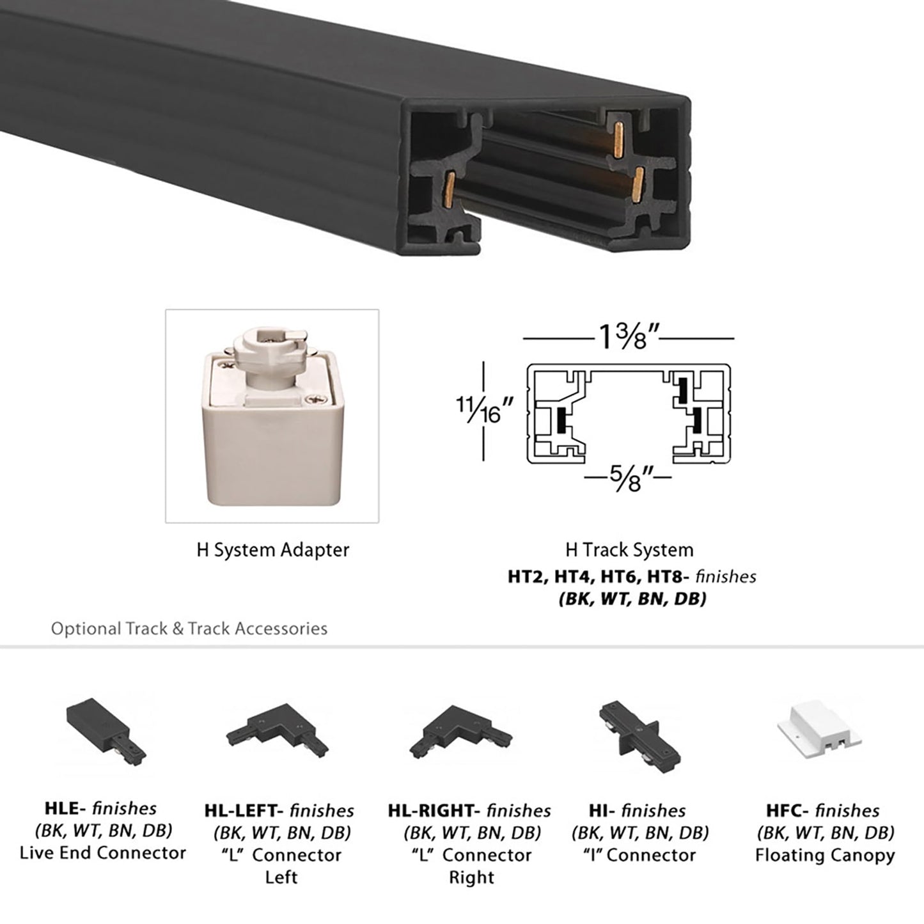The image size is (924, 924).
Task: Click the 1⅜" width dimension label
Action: tap(629, 337)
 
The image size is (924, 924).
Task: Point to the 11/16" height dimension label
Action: tap(485, 411)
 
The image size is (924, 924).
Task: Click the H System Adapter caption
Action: tap(272, 550)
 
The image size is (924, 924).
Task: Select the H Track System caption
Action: tap(629, 550)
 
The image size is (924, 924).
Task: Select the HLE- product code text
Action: tap(65, 808)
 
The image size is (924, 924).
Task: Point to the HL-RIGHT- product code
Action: tap(434, 811)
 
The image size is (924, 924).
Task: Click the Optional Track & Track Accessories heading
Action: tap(189, 629)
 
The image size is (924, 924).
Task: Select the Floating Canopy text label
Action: tap(824, 855)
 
